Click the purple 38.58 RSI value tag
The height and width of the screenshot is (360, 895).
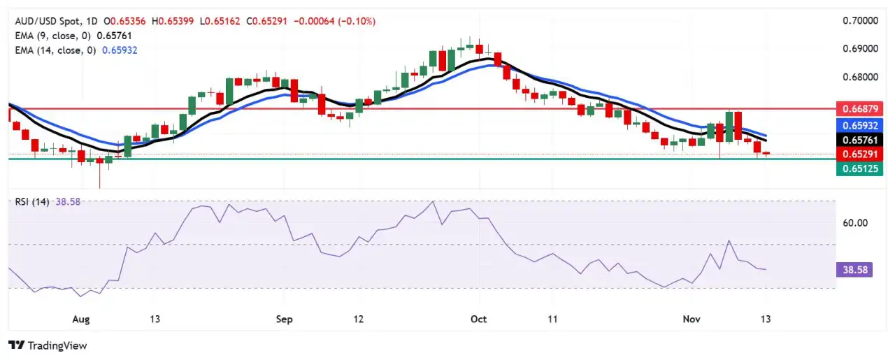tap(854, 269)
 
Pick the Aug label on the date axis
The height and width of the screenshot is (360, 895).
tap(81, 319)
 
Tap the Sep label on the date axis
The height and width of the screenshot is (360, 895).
tap(284, 319)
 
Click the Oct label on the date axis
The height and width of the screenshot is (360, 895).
tap(479, 319)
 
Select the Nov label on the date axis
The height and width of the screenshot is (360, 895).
tap(691, 319)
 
